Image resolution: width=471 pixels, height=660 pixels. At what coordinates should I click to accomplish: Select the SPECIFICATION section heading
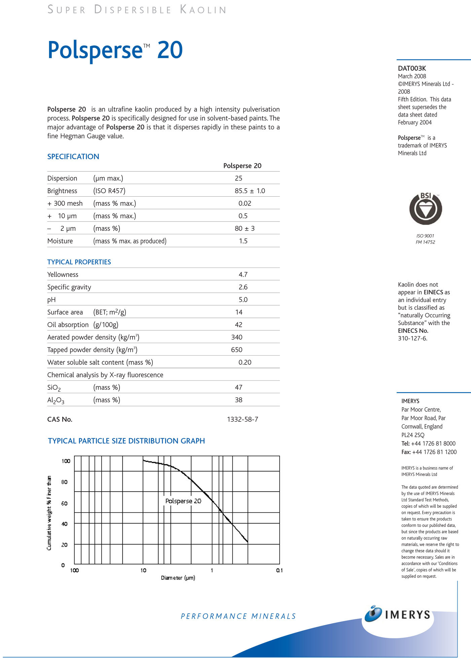point(73,157)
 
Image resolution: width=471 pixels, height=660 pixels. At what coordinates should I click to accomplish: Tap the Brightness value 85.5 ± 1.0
point(250,191)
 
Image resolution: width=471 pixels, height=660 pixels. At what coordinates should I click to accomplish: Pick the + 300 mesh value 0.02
point(245,203)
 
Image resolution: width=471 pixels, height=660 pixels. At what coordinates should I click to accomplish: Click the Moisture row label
point(60,241)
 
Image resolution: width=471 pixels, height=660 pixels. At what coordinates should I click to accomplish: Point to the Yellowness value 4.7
point(243,275)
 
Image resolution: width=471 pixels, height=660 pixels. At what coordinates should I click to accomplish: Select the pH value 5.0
point(243,299)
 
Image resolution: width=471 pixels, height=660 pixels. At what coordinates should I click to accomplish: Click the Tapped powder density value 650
point(237,350)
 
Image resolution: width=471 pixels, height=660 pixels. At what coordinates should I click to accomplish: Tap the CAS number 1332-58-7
point(243,419)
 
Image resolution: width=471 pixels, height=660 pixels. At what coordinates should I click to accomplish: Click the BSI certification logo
point(425,209)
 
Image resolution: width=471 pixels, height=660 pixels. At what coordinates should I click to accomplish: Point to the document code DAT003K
point(412,68)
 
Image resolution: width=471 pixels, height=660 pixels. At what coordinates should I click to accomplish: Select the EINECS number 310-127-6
point(412,338)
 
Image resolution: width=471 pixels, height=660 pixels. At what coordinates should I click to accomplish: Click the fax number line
point(429,452)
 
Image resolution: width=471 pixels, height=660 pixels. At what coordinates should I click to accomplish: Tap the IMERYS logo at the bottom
point(398,614)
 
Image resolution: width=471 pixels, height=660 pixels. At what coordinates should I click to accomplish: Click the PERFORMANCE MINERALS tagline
point(238,616)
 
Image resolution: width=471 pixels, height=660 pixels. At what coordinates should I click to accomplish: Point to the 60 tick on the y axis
point(64,503)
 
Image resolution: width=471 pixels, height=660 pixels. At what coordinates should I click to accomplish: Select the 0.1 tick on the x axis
point(280,570)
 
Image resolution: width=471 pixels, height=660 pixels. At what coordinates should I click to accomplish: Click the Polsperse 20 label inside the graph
point(183,501)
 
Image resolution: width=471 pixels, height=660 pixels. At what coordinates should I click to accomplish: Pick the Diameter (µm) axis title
point(178,578)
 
